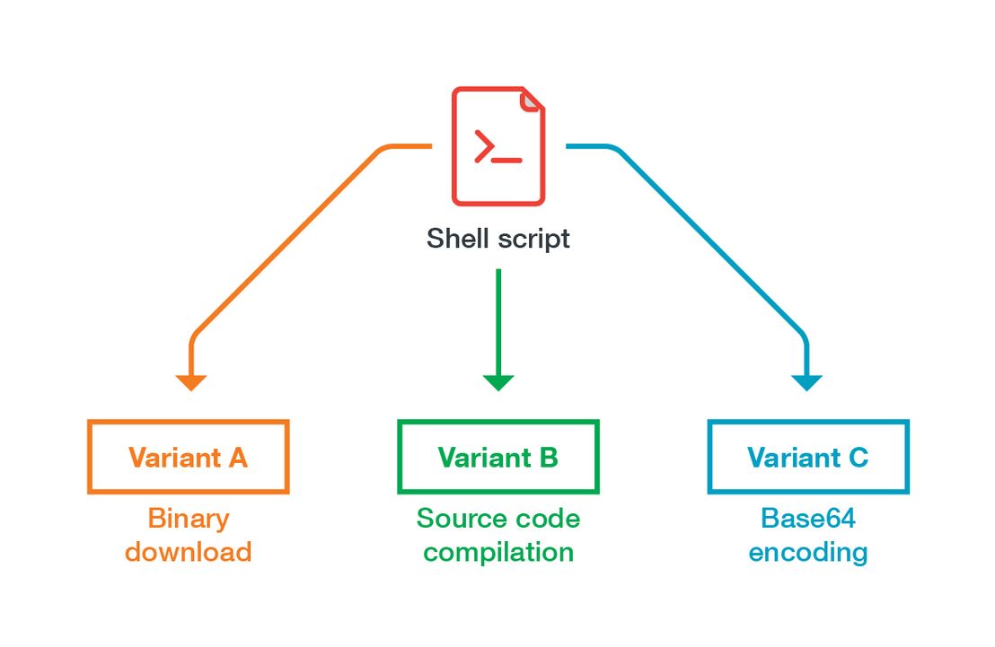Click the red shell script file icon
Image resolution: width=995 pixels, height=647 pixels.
click(498, 146)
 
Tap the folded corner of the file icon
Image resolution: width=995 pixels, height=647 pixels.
click(532, 101)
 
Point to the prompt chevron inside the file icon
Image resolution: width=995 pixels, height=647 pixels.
click(484, 146)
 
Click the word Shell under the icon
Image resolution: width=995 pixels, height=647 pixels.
click(457, 239)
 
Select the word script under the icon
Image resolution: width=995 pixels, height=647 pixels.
click(533, 240)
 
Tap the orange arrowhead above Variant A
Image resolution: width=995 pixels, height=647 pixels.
click(191, 382)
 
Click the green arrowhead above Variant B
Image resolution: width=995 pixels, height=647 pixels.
click(498, 382)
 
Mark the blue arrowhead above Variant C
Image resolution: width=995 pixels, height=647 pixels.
click(807, 382)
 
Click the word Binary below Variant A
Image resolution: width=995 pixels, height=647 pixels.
click(189, 520)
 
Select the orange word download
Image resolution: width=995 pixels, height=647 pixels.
click(189, 551)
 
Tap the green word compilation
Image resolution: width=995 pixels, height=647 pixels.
click(498, 553)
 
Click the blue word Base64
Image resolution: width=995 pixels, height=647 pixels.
click(808, 519)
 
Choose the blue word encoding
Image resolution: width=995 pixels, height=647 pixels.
click(808, 553)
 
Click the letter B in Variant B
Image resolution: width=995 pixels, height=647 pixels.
click(548, 458)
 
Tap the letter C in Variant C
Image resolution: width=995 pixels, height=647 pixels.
click(858, 458)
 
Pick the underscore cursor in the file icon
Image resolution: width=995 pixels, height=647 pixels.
click(507, 161)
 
